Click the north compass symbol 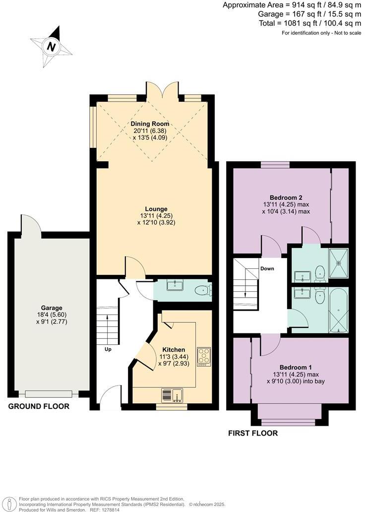point(51,47)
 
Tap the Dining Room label point(150,124)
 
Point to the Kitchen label point(174,350)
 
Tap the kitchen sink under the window point(172,395)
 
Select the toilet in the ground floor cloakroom point(202,291)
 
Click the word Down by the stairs point(267,269)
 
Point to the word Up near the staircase point(108,349)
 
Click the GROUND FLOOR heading point(39,406)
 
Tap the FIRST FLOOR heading point(253,433)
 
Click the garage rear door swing point(28,224)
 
